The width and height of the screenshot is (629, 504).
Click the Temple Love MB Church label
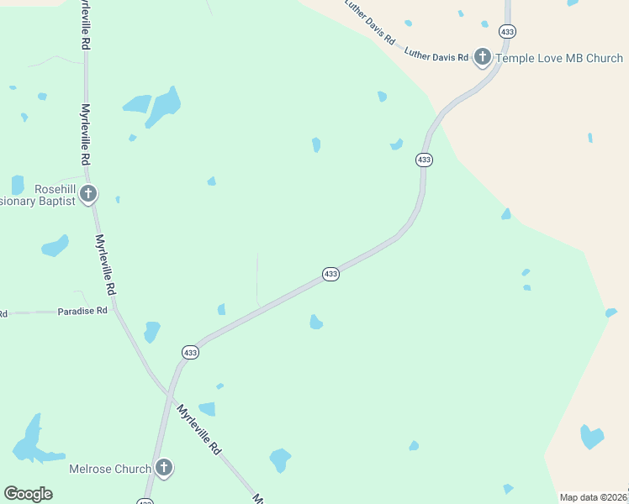pos(559,58)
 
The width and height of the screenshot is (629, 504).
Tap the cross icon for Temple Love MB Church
pos(483,57)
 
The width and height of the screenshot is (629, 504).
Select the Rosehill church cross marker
pos(88,195)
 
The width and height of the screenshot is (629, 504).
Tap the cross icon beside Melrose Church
pos(164,467)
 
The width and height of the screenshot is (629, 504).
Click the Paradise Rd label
pos(82,311)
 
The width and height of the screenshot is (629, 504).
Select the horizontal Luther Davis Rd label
pos(436,56)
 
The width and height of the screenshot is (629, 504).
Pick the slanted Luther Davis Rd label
pos(370,22)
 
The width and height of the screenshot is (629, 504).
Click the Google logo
pos(28,494)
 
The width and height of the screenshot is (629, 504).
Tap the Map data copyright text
pos(594,497)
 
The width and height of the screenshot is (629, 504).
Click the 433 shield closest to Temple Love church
pos(507,31)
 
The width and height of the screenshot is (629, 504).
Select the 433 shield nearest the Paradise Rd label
pos(190,353)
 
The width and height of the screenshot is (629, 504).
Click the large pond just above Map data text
pos(592,437)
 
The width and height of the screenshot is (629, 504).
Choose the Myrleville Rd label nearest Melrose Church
pos(198,430)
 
